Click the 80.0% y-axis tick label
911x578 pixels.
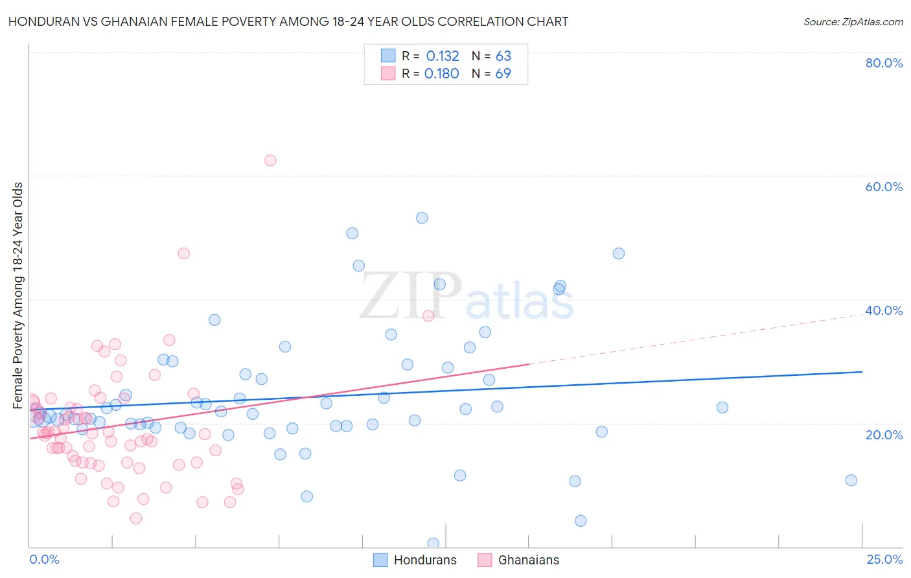click(884, 63)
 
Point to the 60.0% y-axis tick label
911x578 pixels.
click(884, 187)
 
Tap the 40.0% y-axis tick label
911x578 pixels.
click(884, 310)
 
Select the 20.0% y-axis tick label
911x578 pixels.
click(884, 435)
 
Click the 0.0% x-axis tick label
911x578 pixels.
click(44, 559)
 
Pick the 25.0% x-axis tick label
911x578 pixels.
click(884, 559)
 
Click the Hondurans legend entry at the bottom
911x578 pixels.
click(415, 560)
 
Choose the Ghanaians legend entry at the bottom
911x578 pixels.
click(518, 560)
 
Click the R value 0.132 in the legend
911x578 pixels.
click(443, 56)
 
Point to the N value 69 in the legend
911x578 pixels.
click(503, 74)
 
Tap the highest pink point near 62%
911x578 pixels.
click(270, 160)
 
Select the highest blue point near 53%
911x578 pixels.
click(422, 218)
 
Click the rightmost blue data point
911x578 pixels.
click(851, 480)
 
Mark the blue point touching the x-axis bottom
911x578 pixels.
click(433, 543)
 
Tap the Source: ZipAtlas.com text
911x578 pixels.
click(853, 22)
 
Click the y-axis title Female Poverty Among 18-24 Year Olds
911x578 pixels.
click(18, 295)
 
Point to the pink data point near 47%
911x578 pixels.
click(183, 253)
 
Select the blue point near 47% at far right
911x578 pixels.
click(618, 253)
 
